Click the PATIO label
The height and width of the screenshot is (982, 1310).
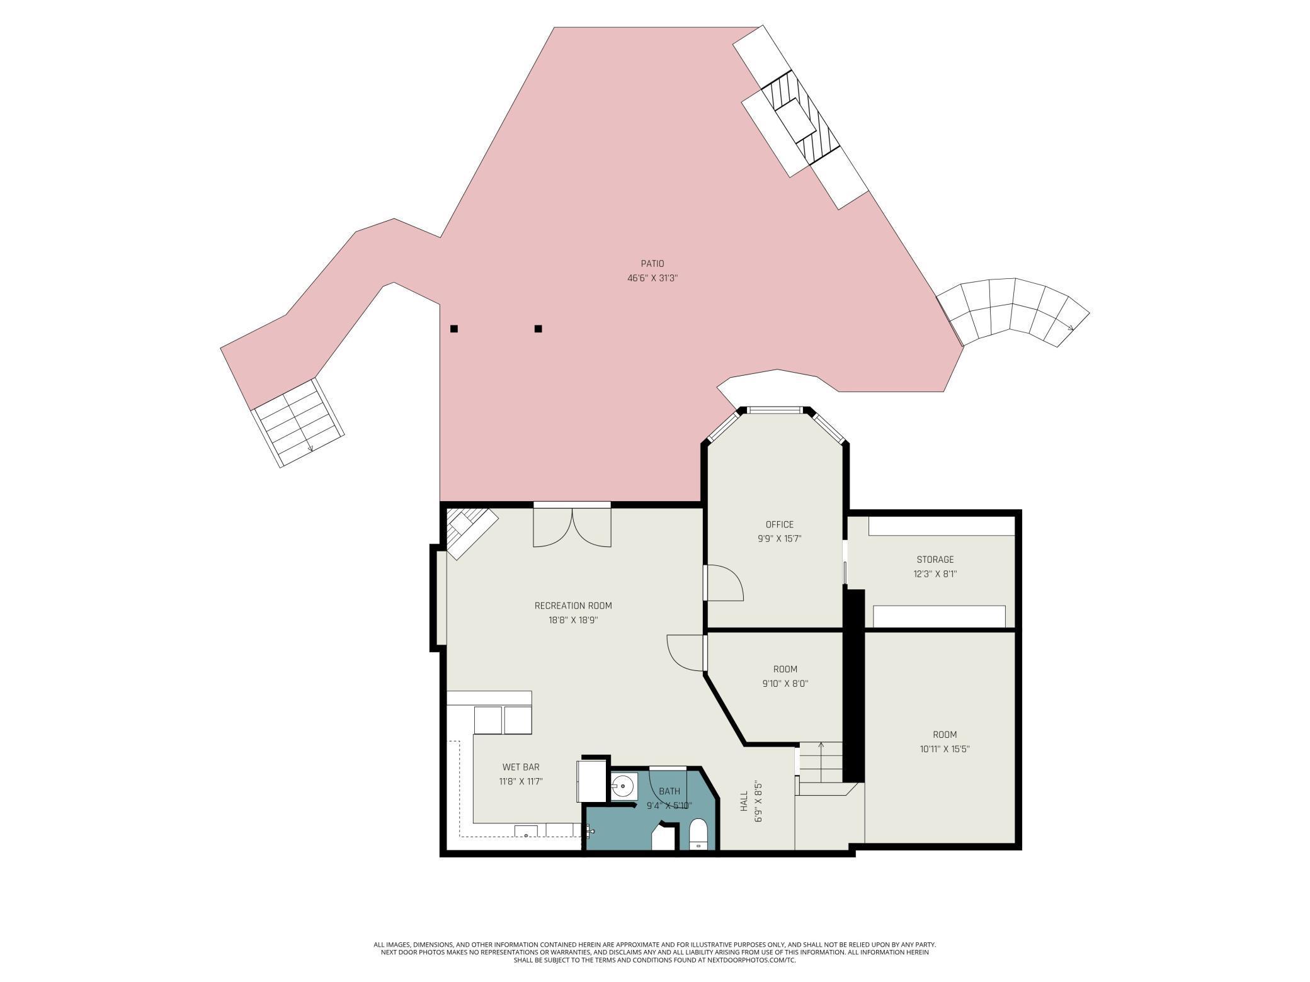(652, 264)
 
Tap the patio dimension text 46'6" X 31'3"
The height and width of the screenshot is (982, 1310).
(652, 278)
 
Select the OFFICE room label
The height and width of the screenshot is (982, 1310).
(779, 524)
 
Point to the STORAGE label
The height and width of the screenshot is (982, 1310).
(935, 560)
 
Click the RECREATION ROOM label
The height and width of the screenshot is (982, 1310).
(573, 606)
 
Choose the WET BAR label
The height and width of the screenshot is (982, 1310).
(521, 767)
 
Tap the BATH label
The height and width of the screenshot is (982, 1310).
(669, 791)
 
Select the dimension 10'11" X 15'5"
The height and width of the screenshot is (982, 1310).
(945, 749)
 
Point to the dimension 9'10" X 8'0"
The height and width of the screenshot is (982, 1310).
(785, 684)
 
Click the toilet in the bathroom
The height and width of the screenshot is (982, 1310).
(698, 834)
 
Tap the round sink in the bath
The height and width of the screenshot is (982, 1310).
(622, 786)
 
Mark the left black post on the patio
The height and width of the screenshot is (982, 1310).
(454, 329)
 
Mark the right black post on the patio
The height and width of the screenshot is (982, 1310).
(538, 329)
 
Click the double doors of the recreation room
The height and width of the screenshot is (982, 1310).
(572, 528)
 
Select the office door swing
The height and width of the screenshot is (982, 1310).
(724, 583)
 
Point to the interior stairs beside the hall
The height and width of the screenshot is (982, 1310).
(821, 762)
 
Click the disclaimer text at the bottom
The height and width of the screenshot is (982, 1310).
(655, 952)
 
